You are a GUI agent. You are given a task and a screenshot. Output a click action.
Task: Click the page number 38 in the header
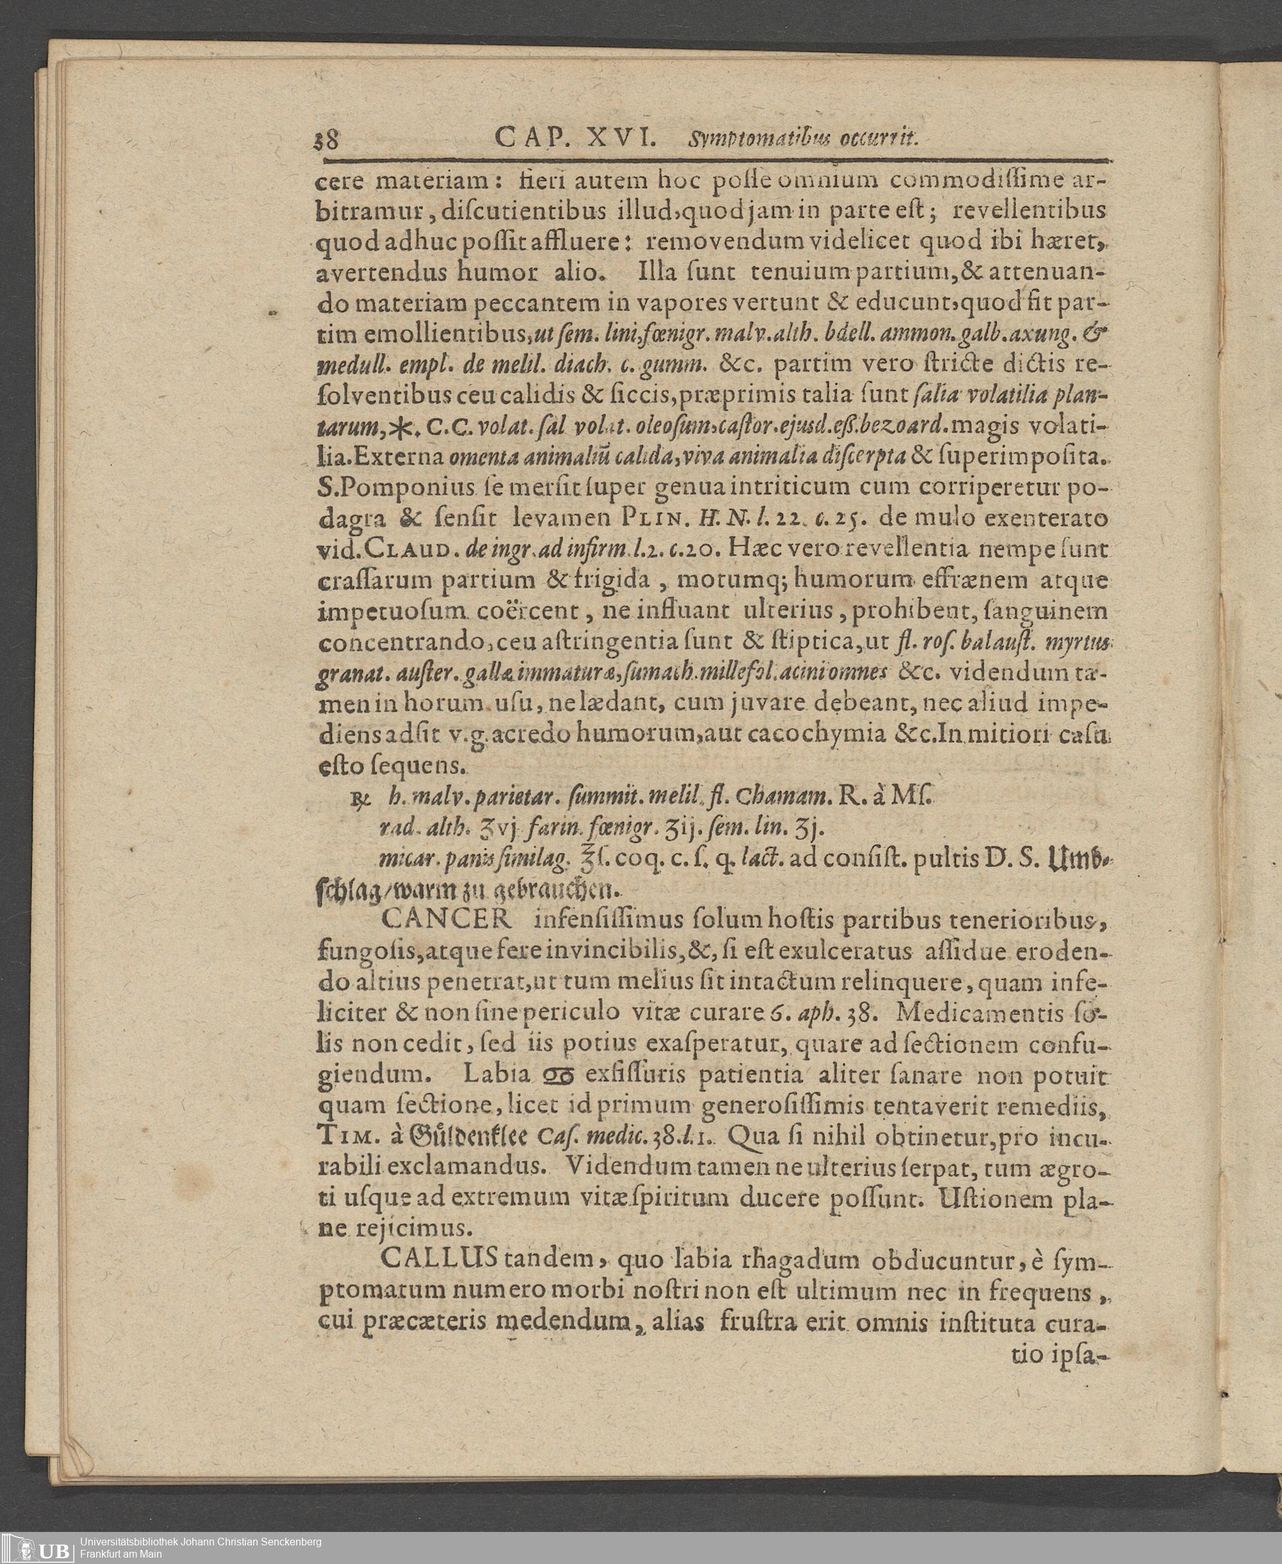click(326, 140)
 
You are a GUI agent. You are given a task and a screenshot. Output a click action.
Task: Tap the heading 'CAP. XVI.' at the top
click(576, 137)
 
